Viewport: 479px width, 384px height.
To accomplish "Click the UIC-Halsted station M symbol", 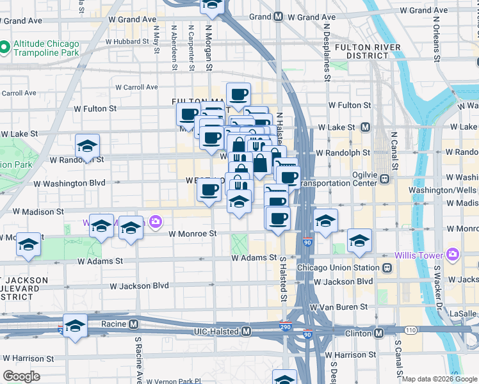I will (x=246, y=331).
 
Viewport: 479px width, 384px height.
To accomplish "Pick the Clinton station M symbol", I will (x=379, y=333).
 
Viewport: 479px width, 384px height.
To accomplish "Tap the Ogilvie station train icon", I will (x=386, y=179).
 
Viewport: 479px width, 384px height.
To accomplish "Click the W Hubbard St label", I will (x=127, y=41).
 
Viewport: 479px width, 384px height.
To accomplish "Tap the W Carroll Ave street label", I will (x=136, y=87).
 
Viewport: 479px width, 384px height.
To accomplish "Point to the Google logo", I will (x=22, y=376).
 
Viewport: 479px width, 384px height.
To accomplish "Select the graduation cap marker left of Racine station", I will (x=75, y=326).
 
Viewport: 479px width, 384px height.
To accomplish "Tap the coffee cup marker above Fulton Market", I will (x=238, y=94).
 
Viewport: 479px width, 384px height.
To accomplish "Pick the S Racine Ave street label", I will (x=137, y=358).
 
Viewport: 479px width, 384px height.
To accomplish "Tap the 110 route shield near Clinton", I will (x=410, y=330).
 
